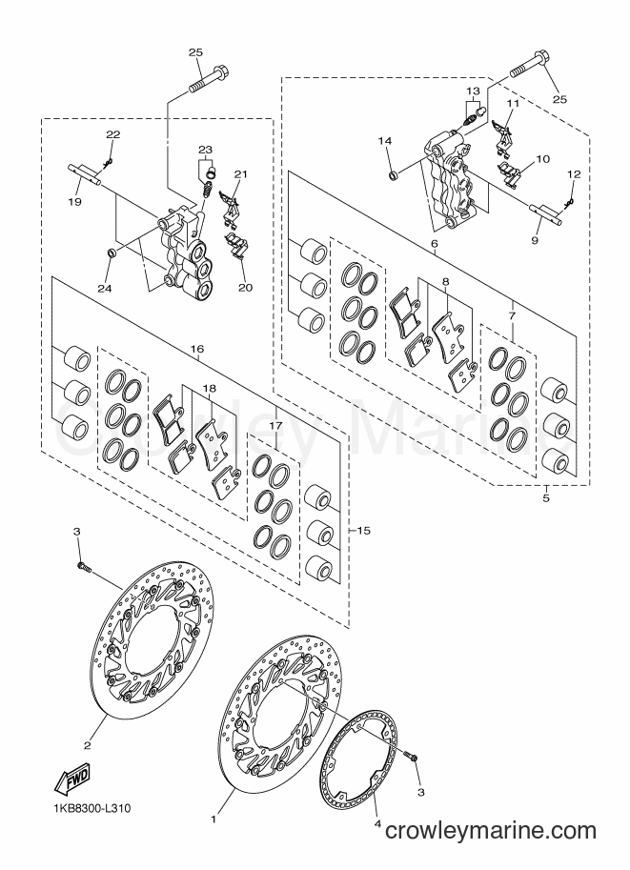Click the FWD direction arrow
point(72,779)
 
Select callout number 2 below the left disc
point(87,745)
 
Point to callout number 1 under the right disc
point(214,818)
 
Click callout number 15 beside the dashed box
point(363,531)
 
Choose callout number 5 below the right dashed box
point(545,498)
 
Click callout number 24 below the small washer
point(105,288)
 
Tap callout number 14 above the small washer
point(385,141)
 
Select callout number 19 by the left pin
point(74,201)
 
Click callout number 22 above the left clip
point(112,134)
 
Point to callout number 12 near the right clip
point(574,174)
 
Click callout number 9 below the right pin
point(535,241)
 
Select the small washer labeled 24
point(111,253)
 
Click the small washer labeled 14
point(393,177)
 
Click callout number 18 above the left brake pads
point(210,389)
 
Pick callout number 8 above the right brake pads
point(446,281)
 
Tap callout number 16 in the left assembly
point(196,349)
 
